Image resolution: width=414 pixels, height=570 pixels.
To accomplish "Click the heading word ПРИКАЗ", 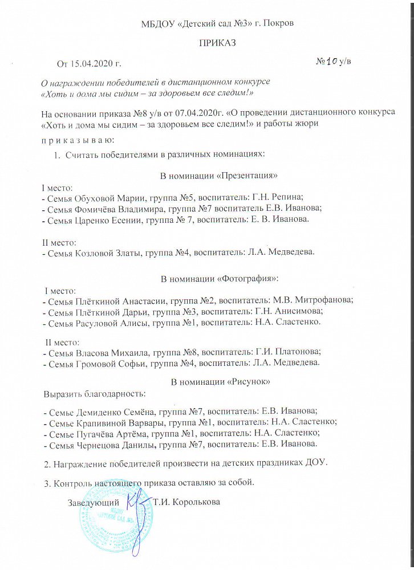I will pyautogui.click(x=217, y=43).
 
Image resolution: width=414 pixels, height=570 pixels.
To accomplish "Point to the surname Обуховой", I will pyautogui.click(x=93, y=198).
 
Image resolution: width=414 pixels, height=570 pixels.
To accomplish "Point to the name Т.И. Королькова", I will pyautogui.click(x=186, y=503).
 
